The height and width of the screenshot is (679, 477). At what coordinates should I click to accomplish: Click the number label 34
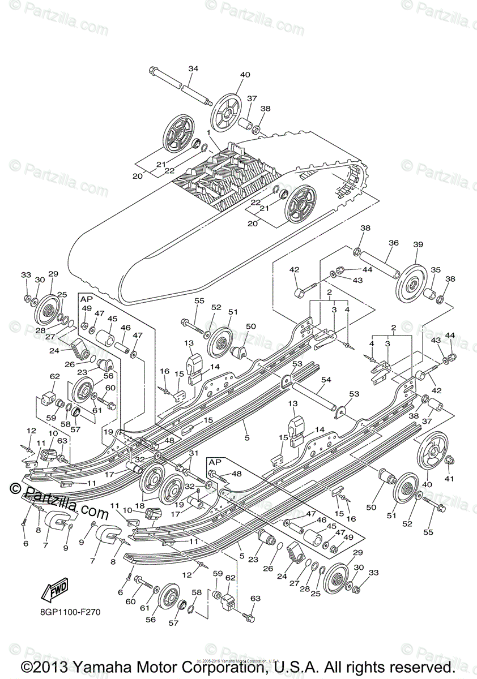click(x=193, y=69)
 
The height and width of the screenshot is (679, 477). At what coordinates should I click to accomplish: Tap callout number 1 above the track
click(x=209, y=133)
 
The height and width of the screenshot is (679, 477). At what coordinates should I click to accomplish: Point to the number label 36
click(x=393, y=243)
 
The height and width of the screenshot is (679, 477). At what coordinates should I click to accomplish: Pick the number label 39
click(x=418, y=244)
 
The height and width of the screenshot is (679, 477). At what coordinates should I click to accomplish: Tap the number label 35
click(x=435, y=270)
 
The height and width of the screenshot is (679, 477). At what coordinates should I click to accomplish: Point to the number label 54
click(x=326, y=380)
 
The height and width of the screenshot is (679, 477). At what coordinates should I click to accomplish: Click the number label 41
click(x=450, y=479)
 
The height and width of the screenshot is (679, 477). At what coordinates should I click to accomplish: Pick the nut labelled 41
click(x=448, y=461)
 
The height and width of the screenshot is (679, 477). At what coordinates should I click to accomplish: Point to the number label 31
click(x=194, y=453)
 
